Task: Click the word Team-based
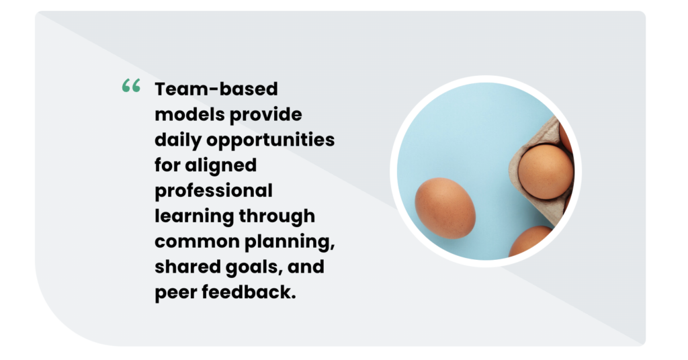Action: point(216,89)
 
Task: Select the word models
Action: point(189,114)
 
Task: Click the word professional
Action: point(214,191)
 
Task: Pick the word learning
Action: point(194,216)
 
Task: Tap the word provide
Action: point(266,114)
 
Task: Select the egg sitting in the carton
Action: point(545,171)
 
